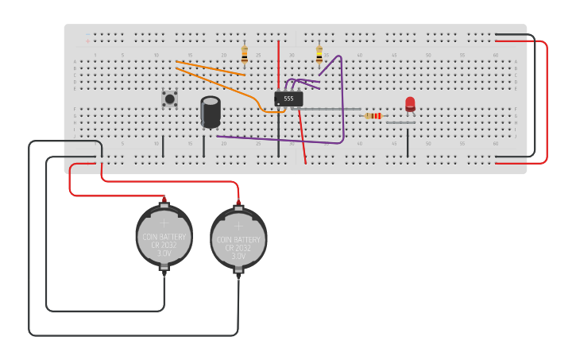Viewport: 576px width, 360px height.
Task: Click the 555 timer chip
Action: coord(288,99)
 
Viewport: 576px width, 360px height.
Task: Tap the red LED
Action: coord(410,104)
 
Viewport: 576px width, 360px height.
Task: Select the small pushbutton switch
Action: coord(169,99)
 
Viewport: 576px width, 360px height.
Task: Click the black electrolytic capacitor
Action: coord(211,112)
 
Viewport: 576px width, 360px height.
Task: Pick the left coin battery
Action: coord(164,236)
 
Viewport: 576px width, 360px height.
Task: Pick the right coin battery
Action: coord(238,238)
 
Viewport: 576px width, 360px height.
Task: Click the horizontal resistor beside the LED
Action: coord(373,116)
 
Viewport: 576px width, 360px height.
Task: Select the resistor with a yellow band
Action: coord(319,54)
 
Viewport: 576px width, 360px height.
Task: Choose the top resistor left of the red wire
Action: coord(244,54)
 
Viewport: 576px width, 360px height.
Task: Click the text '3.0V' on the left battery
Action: coord(164,254)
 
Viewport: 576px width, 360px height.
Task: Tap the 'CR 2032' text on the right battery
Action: coord(238,248)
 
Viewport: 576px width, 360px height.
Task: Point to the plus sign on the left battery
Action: coord(164,223)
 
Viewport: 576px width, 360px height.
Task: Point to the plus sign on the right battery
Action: coord(238,226)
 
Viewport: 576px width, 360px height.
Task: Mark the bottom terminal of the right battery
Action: coord(238,273)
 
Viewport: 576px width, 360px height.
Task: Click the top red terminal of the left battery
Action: coord(164,200)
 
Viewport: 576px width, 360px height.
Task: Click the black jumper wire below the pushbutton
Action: coord(163,146)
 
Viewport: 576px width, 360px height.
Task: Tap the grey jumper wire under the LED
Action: coord(400,122)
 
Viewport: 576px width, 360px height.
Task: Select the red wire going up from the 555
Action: coord(278,64)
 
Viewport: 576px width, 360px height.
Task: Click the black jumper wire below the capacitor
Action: coord(203,146)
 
